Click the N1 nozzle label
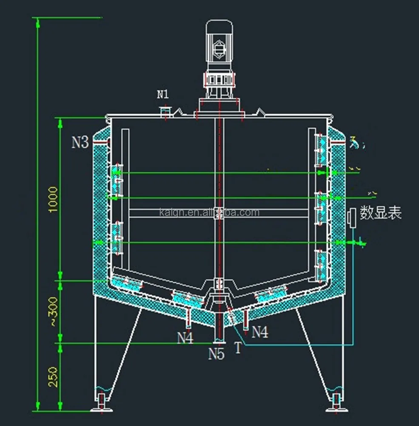pos(162,95)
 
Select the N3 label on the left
pos(80,142)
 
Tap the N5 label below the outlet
pos(216,354)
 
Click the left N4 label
pos(185,338)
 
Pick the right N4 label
pos(260,332)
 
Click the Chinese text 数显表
pos(381,212)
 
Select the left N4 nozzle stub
pos(188,316)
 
